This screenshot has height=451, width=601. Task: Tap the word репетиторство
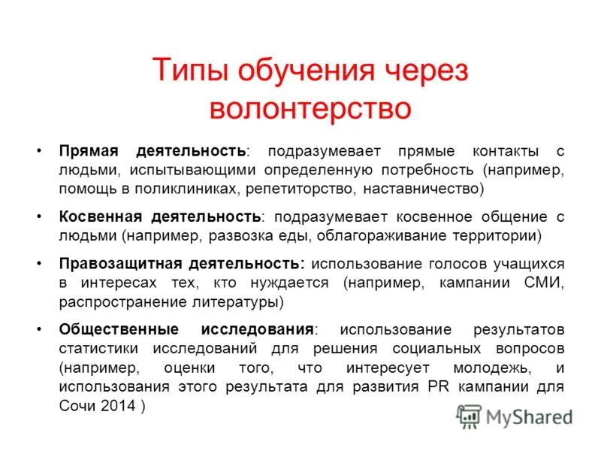(x=297, y=189)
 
